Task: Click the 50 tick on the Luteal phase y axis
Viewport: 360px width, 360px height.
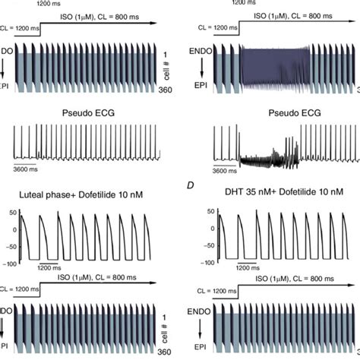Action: click(11, 213)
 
